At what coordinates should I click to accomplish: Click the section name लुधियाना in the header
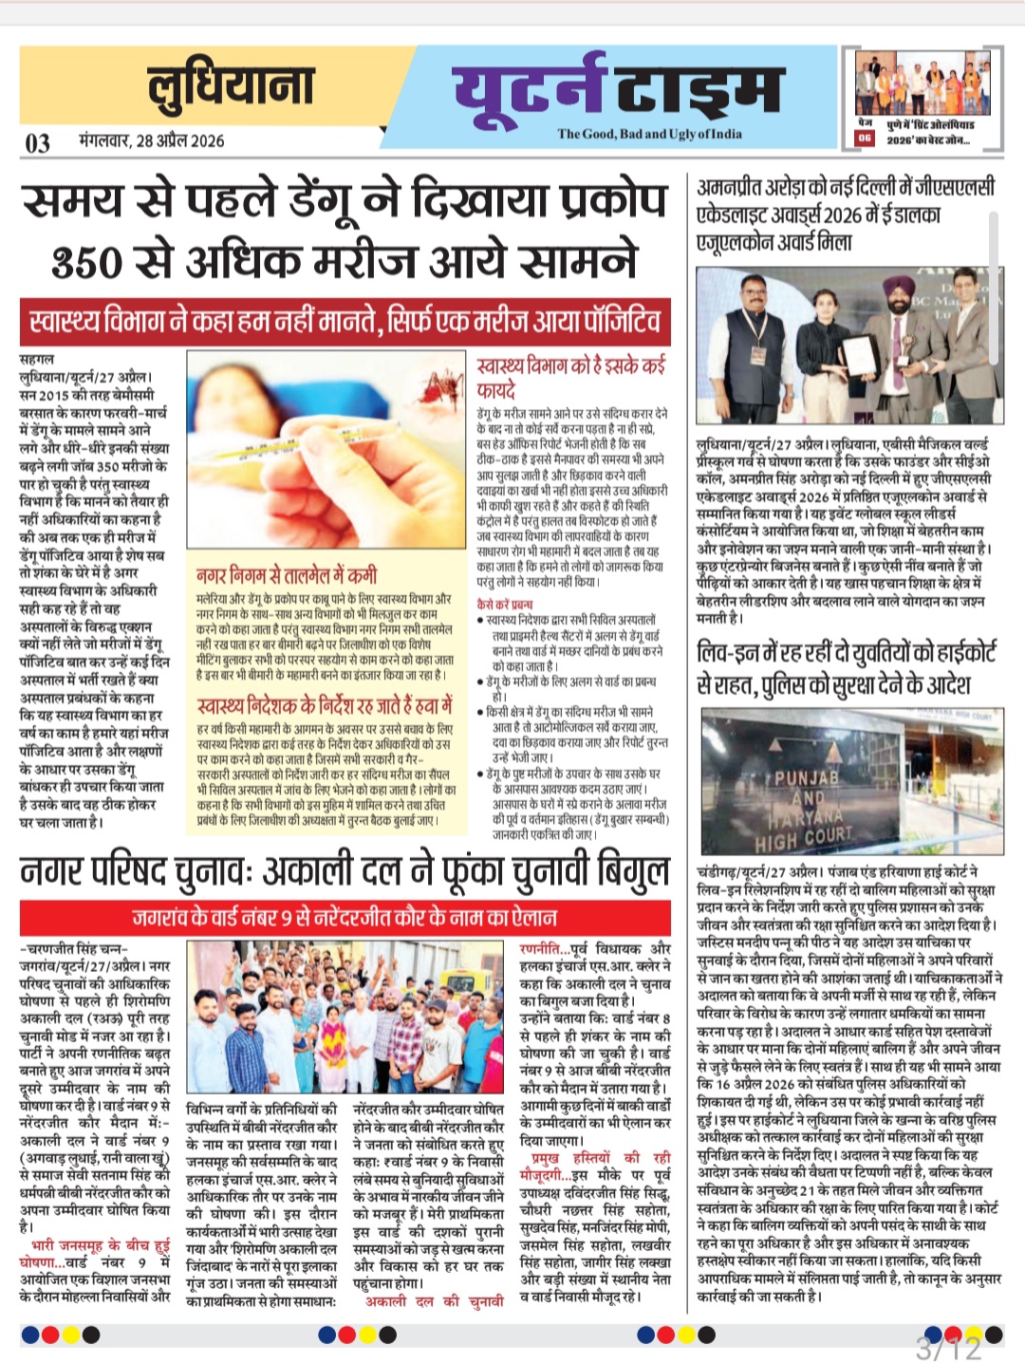tap(231, 86)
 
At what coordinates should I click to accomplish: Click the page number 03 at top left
tap(38, 142)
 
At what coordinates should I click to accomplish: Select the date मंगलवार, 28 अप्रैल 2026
tap(152, 141)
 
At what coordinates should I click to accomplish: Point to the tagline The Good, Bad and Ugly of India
tap(649, 134)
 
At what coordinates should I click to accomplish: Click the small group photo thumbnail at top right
tap(915, 83)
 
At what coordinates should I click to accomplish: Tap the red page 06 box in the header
tap(865, 139)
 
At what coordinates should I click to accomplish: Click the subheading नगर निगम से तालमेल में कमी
tap(287, 575)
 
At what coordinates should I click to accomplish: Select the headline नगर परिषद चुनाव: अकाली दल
tap(345, 871)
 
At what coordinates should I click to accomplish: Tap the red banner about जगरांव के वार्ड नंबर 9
tap(345, 917)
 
